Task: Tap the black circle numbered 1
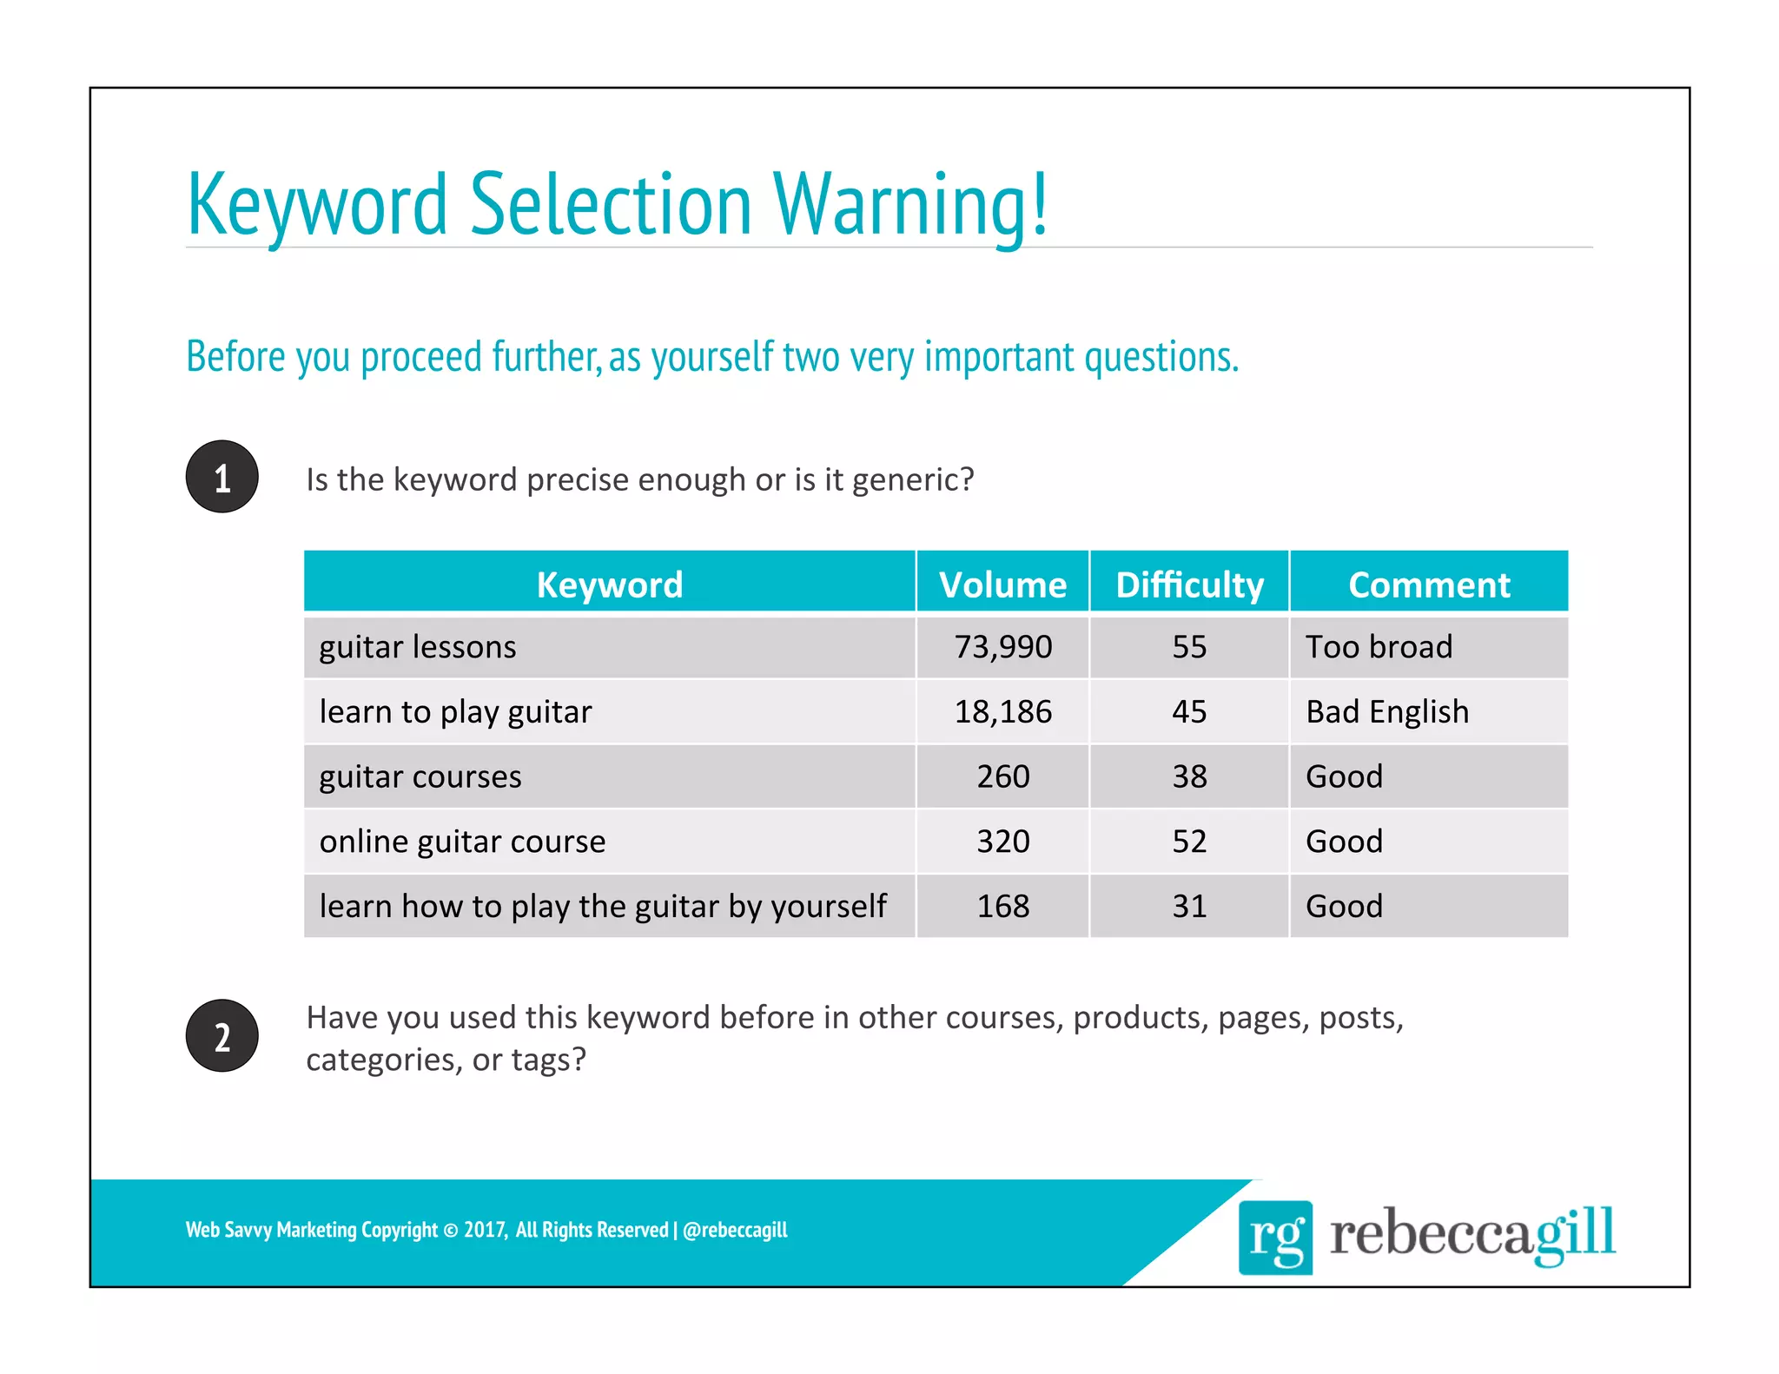pyautogui.click(x=222, y=477)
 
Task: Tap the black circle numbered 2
pyautogui.click(x=222, y=1036)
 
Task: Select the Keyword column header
pyautogui.click(x=609, y=585)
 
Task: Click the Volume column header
pyautogui.click(x=1002, y=585)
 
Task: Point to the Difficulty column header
pyautogui.click(x=1189, y=585)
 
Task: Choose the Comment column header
pyautogui.click(x=1429, y=585)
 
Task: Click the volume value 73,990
pyautogui.click(x=1002, y=647)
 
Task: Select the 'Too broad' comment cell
pyautogui.click(x=1379, y=647)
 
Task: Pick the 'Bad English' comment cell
pyautogui.click(x=1387, y=712)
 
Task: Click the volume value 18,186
pyautogui.click(x=1002, y=712)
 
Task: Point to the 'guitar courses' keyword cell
pyautogui.click(x=420, y=776)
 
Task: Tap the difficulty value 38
pyautogui.click(x=1189, y=776)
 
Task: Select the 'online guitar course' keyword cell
pyautogui.click(x=462, y=842)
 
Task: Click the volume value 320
pyautogui.click(x=1002, y=842)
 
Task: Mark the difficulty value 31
pyautogui.click(x=1189, y=907)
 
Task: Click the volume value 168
pyautogui.click(x=1002, y=907)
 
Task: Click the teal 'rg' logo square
pyautogui.click(x=1275, y=1237)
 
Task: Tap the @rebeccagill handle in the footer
pyautogui.click(x=735, y=1230)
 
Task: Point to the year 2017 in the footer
pyautogui.click(x=484, y=1230)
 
